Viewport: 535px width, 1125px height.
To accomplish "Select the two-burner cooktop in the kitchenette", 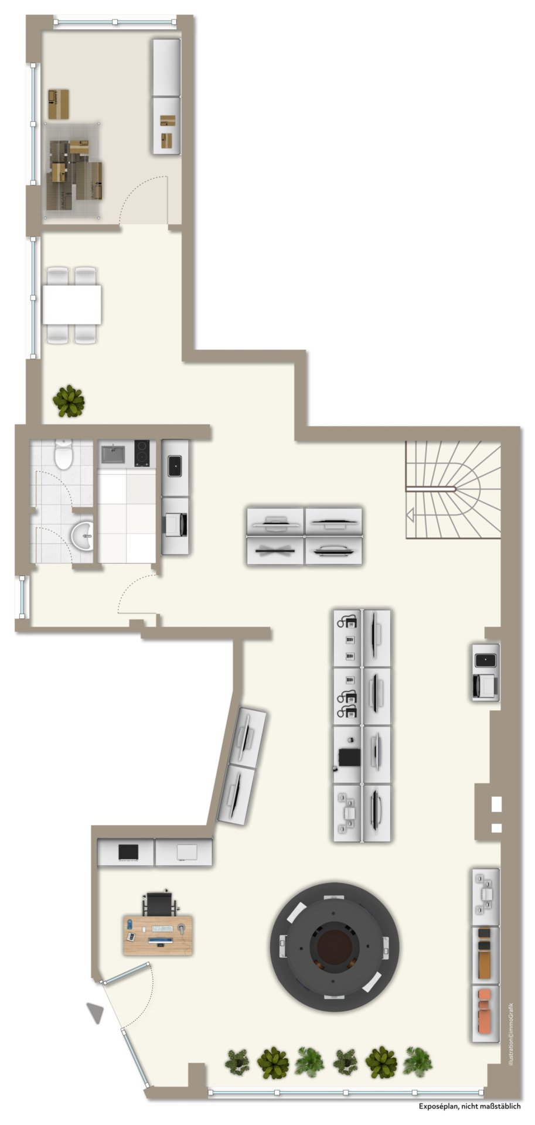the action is pos(141,453).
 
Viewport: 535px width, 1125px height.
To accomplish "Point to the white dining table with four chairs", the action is pos(71,305).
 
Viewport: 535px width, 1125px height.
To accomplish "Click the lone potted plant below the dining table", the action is pos(69,401).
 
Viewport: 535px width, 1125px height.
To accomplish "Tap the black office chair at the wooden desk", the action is pos(158,903).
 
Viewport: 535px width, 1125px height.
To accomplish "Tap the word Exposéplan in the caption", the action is pos(438,1106).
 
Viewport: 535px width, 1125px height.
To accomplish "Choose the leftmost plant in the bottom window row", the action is pos(237,1061).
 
